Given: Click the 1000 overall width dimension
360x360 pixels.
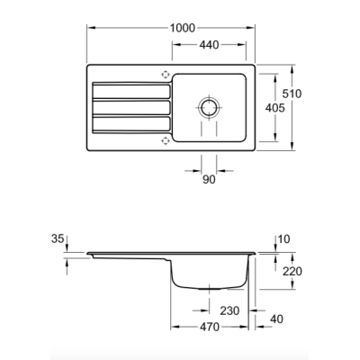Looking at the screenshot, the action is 183,28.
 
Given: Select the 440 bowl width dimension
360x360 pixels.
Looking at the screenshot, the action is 209,45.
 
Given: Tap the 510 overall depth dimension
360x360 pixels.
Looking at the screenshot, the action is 292,94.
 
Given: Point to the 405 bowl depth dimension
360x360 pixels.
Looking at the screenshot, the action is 274,108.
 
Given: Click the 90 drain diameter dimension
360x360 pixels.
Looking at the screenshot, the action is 209,179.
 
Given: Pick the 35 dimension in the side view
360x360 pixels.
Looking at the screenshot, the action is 58,238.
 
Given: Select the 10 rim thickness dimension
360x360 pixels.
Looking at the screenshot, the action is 283,239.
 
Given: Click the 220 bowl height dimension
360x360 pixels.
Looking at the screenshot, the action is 292,272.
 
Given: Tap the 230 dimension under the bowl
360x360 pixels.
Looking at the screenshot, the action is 229,310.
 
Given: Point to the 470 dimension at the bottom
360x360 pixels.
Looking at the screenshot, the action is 210,327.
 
